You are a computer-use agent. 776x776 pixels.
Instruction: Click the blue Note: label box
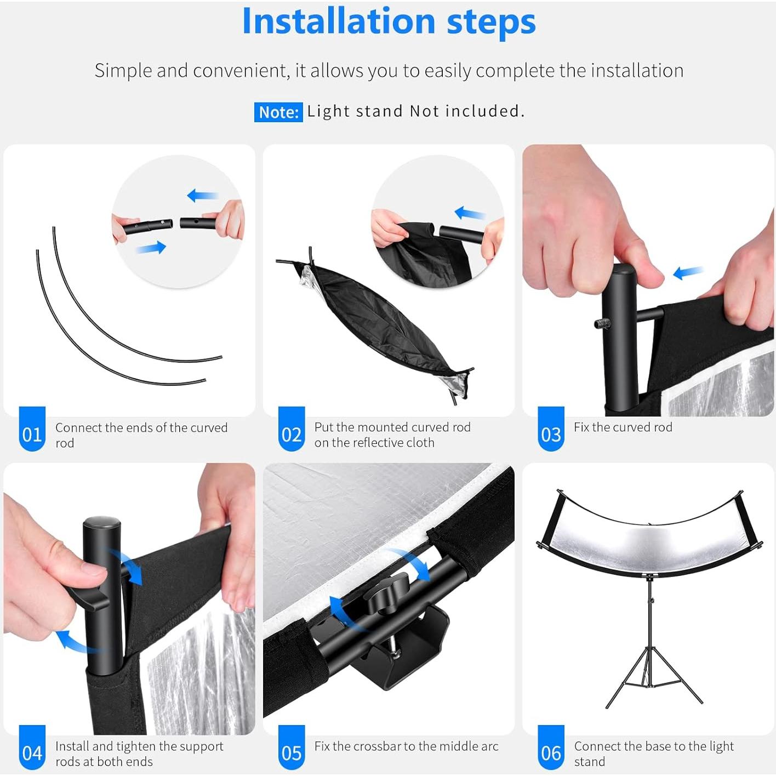coord(278,112)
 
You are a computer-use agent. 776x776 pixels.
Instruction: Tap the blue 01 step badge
coord(32,429)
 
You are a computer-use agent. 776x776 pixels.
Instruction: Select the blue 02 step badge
coord(291,429)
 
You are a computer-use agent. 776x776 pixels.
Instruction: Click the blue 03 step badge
coord(551,429)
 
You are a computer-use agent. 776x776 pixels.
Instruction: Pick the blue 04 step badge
coord(32,748)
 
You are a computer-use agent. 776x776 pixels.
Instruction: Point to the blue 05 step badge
coord(291,748)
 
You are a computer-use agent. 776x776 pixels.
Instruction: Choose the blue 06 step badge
coord(551,748)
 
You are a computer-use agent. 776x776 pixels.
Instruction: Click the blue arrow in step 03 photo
coord(688,272)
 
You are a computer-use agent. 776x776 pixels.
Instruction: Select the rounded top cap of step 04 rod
coord(101,524)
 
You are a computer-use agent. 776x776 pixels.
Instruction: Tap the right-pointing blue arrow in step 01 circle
coord(151,247)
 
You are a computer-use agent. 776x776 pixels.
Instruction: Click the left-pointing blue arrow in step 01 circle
coord(203,196)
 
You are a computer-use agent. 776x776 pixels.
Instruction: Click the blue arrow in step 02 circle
coord(470,213)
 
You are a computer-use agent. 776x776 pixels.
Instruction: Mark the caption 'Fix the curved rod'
coord(623,427)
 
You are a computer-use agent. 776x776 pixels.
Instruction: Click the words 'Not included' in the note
coord(467,111)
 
